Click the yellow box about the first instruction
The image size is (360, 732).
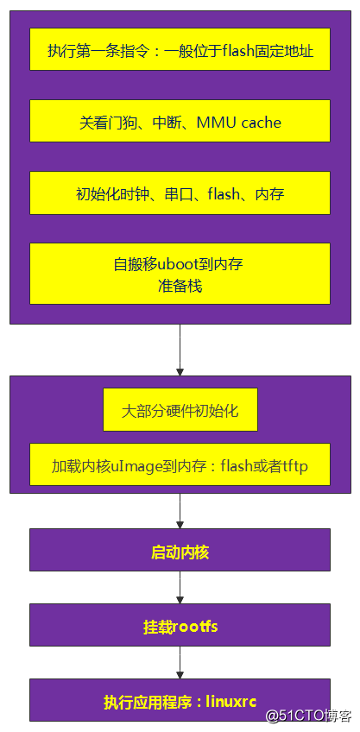point(180,51)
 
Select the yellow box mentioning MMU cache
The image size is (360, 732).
point(180,122)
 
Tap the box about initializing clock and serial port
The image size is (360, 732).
point(180,193)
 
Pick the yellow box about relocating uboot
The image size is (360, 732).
point(180,274)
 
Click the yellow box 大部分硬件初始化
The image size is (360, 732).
point(180,410)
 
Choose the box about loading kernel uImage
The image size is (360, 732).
point(180,467)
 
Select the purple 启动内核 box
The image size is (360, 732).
point(180,550)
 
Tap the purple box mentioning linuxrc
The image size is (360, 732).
point(180,700)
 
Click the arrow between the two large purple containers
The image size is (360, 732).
point(180,350)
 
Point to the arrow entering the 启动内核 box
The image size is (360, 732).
point(180,511)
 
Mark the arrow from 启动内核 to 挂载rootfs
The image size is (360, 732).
point(180,587)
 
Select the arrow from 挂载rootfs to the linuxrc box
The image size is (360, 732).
point(180,662)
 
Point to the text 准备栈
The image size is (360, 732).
point(180,285)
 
